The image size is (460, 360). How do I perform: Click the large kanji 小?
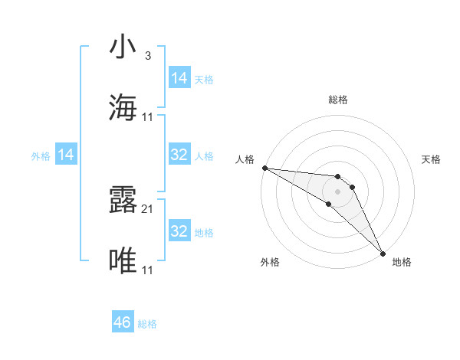pos(123,47)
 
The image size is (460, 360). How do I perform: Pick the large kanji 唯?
pos(123,261)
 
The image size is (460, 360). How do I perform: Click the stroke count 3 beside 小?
pos(147,56)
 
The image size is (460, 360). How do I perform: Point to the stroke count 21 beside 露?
pos(147,208)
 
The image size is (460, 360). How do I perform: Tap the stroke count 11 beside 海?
pos(147,117)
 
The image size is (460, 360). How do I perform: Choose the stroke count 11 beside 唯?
pos(147,270)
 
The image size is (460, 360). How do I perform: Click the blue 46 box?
pos(123,322)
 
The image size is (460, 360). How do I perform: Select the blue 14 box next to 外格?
pos(66,155)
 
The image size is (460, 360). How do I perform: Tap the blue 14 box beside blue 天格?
pos(179,77)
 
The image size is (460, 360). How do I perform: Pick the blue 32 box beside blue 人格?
pos(179,155)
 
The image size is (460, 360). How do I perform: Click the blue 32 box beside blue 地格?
pos(179,231)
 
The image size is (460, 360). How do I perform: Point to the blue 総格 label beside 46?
pos(147,324)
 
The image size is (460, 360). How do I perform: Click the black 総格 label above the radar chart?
pos(338,100)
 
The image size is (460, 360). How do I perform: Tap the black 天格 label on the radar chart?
pos(432,159)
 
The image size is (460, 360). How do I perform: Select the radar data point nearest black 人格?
pos(264,168)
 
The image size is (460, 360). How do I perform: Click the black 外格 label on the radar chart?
pos(270,262)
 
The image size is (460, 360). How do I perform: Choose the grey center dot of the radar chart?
pos(337,191)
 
